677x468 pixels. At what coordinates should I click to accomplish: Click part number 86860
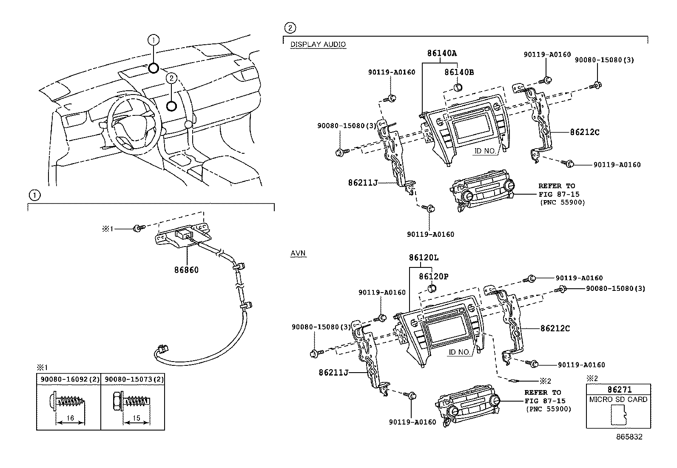(186, 270)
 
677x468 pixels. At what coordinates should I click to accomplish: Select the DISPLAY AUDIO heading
(318, 44)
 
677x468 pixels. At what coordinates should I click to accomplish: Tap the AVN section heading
(298, 253)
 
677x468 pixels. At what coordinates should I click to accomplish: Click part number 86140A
(442, 53)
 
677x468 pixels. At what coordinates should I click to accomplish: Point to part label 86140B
(459, 72)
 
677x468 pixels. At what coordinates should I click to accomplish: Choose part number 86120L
(424, 258)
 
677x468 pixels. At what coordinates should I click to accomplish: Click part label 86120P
(433, 276)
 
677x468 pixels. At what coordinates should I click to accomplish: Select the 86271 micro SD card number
(619, 389)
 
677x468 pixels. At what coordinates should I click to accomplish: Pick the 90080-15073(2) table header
(133, 379)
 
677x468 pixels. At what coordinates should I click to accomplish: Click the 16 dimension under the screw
(71, 418)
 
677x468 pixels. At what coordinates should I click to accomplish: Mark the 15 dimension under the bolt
(136, 418)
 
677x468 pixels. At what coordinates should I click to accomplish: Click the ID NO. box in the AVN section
(459, 352)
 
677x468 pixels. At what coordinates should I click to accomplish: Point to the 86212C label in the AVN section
(555, 328)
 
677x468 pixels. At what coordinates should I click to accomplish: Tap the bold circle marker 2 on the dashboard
(172, 106)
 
